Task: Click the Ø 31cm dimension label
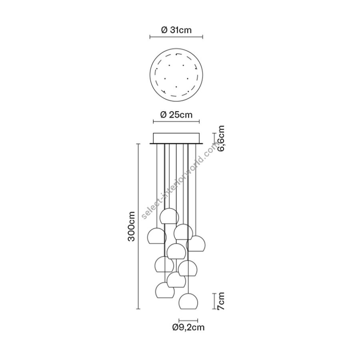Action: pos(176,30)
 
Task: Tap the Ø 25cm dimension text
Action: pos(176,114)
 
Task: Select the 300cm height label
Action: pos(131,226)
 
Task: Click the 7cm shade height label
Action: pos(221,301)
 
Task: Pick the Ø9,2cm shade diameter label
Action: pos(188,327)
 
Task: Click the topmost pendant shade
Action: pos(170,216)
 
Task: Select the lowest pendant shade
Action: pos(188,301)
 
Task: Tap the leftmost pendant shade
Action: pos(157,236)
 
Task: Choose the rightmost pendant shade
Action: pos(196,243)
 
